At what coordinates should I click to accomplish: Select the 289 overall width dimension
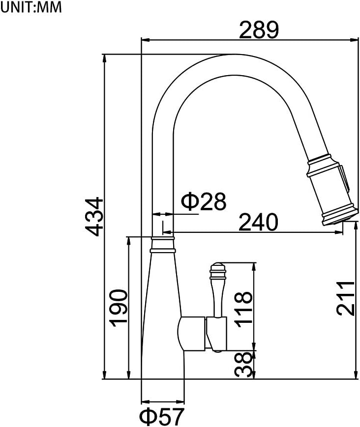click(259, 30)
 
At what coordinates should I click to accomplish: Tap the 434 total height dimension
click(93, 216)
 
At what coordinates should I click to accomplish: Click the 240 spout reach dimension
click(258, 223)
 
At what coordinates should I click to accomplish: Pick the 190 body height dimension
click(119, 308)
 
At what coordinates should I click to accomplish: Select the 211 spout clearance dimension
click(346, 298)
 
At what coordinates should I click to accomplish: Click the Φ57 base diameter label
click(161, 417)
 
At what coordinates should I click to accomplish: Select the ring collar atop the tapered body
click(162, 244)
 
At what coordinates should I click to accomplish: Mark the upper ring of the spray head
click(322, 164)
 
